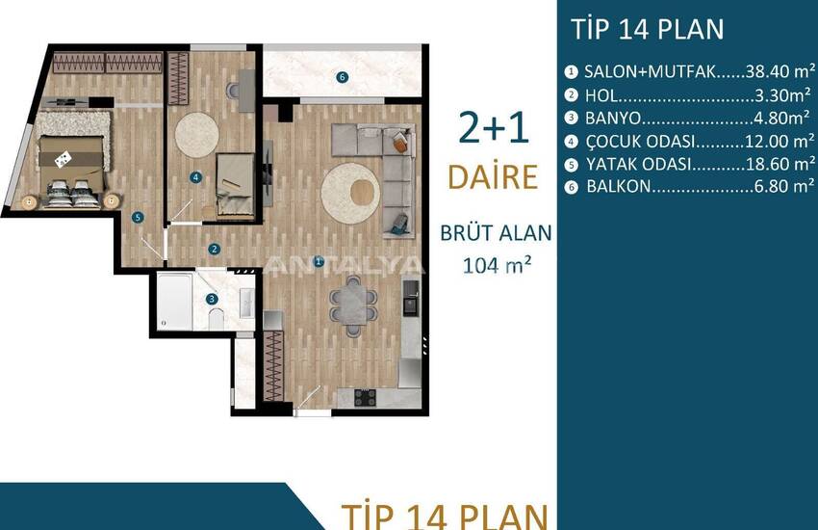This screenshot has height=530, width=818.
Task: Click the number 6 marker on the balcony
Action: [342, 77]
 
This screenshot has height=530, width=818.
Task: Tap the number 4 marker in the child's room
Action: [195, 177]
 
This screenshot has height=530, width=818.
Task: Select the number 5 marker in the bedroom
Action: [138, 217]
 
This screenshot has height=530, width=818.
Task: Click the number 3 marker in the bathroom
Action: [212, 299]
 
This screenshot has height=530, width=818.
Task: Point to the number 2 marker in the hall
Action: [214, 249]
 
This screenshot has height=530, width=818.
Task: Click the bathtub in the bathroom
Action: [175, 301]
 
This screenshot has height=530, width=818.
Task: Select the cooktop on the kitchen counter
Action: [365, 397]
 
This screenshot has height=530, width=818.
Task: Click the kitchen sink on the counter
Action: [411, 297]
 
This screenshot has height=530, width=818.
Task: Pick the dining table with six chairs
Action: [353, 305]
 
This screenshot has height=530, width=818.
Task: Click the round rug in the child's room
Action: [196, 135]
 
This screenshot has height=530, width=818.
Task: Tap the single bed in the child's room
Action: [235, 184]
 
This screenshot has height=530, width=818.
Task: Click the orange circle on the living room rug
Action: [365, 192]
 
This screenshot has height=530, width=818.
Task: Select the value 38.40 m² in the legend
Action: [780, 71]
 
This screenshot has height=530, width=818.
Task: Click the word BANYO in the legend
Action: [613, 118]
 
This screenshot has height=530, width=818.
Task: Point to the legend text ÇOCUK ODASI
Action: [641, 141]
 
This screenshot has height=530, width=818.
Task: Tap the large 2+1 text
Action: [494, 128]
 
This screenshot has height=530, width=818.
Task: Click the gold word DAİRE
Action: [493, 176]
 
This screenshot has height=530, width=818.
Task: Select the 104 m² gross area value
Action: [498, 265]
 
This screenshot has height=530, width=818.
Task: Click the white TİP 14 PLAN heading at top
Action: [648, 29]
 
